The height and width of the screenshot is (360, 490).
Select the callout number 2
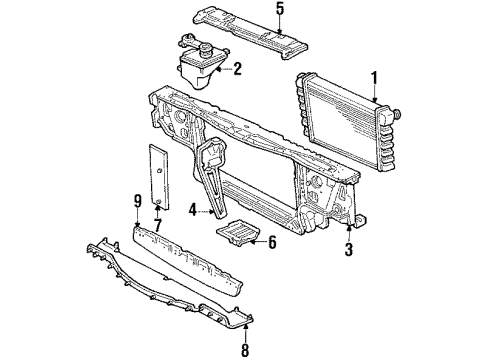(239, 69)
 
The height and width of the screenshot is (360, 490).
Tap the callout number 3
(349, 250)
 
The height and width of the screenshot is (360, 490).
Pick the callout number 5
(252, 11)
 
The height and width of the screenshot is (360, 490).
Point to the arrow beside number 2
(225, 69)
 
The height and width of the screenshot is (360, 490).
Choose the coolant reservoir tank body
(195, 68)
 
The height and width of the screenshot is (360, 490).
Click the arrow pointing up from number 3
(349, 232)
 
